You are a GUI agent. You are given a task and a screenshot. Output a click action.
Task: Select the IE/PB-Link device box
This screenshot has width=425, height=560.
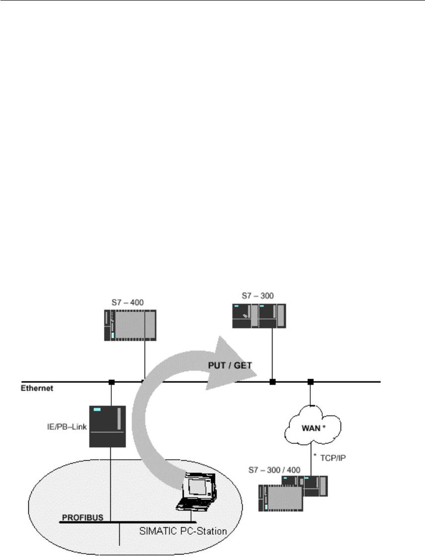coord(107,426)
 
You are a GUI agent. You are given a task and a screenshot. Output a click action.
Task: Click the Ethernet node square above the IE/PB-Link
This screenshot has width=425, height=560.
coord(111,382)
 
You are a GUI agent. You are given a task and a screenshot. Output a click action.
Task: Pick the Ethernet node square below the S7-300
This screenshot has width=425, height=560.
coord(272,382)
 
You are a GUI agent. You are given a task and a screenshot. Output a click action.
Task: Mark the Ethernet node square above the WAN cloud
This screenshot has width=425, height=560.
coord(311,382)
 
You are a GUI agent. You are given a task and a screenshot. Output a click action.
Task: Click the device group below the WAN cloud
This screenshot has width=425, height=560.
coord(292,492)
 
